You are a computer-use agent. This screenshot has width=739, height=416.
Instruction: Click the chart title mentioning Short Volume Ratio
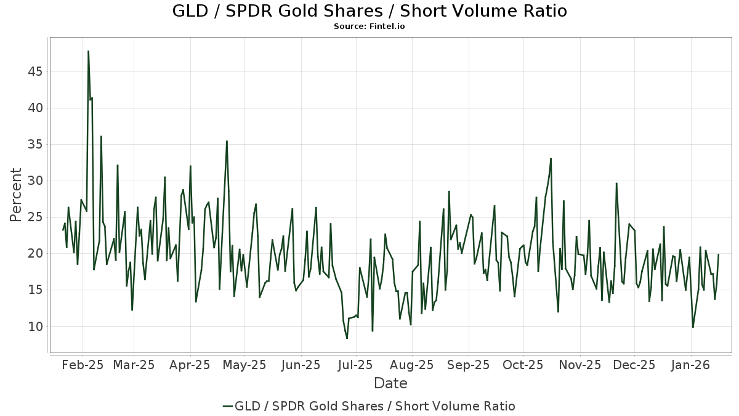[369, 11]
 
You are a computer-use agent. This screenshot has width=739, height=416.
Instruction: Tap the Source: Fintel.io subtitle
[369, 27]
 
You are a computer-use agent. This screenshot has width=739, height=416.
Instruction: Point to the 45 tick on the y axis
[34, 71]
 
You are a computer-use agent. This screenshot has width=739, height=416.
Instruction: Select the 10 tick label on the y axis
[34, 327]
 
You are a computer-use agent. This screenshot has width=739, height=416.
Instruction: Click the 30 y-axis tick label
[34, 181]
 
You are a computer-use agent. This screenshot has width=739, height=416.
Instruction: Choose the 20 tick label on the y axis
[34, 253]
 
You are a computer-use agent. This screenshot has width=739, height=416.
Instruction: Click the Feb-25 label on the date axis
[83, 365]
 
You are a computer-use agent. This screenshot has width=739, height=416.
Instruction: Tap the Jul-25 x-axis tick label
[356, 365]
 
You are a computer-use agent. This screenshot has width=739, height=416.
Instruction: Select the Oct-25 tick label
[523, 365]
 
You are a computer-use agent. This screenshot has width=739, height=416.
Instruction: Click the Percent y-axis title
[17, 195]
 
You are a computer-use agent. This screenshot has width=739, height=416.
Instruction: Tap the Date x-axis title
[390, 383]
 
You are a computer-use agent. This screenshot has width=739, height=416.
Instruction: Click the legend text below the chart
[375, 406]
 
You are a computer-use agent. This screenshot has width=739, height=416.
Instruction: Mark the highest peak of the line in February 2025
[88, 51]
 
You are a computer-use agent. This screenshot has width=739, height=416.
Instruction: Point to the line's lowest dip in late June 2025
[347, 338]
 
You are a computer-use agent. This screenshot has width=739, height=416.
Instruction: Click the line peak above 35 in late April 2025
[227, 141]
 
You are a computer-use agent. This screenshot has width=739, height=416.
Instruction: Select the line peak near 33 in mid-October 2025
[551, 158]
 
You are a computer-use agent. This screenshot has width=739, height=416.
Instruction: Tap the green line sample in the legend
[228, 406]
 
